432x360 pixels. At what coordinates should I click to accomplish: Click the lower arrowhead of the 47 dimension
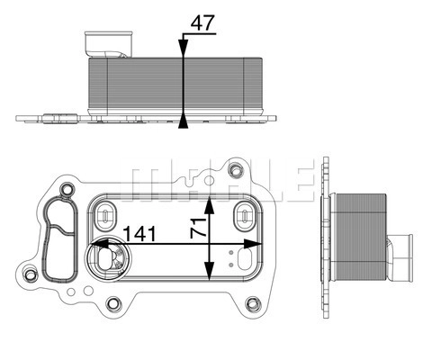(x=184, y=120)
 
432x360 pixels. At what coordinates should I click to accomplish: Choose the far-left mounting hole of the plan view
(x=31, y=275)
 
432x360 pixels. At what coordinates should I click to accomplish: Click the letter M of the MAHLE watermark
(x=148, y=180)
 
